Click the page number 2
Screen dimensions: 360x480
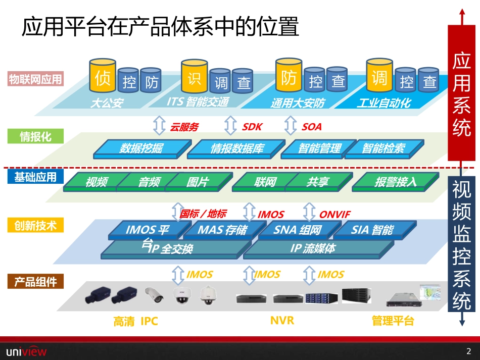pos(468,351)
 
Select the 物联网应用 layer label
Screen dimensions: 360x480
pos(35,79)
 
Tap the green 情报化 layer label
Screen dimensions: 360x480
pos(35,136)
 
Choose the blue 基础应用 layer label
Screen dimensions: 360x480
pos(35,177)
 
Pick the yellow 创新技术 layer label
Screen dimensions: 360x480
pos(35,226)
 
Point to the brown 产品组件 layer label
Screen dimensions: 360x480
pos(35,282)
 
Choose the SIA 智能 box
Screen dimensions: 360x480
pos(372,230)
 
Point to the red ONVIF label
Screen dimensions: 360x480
pos(334,215)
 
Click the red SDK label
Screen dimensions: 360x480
pos(252,127)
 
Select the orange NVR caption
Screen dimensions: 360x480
pos(282,320)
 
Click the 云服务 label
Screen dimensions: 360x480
pos(184,127)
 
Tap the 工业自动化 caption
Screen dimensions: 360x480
pos(384,104)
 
